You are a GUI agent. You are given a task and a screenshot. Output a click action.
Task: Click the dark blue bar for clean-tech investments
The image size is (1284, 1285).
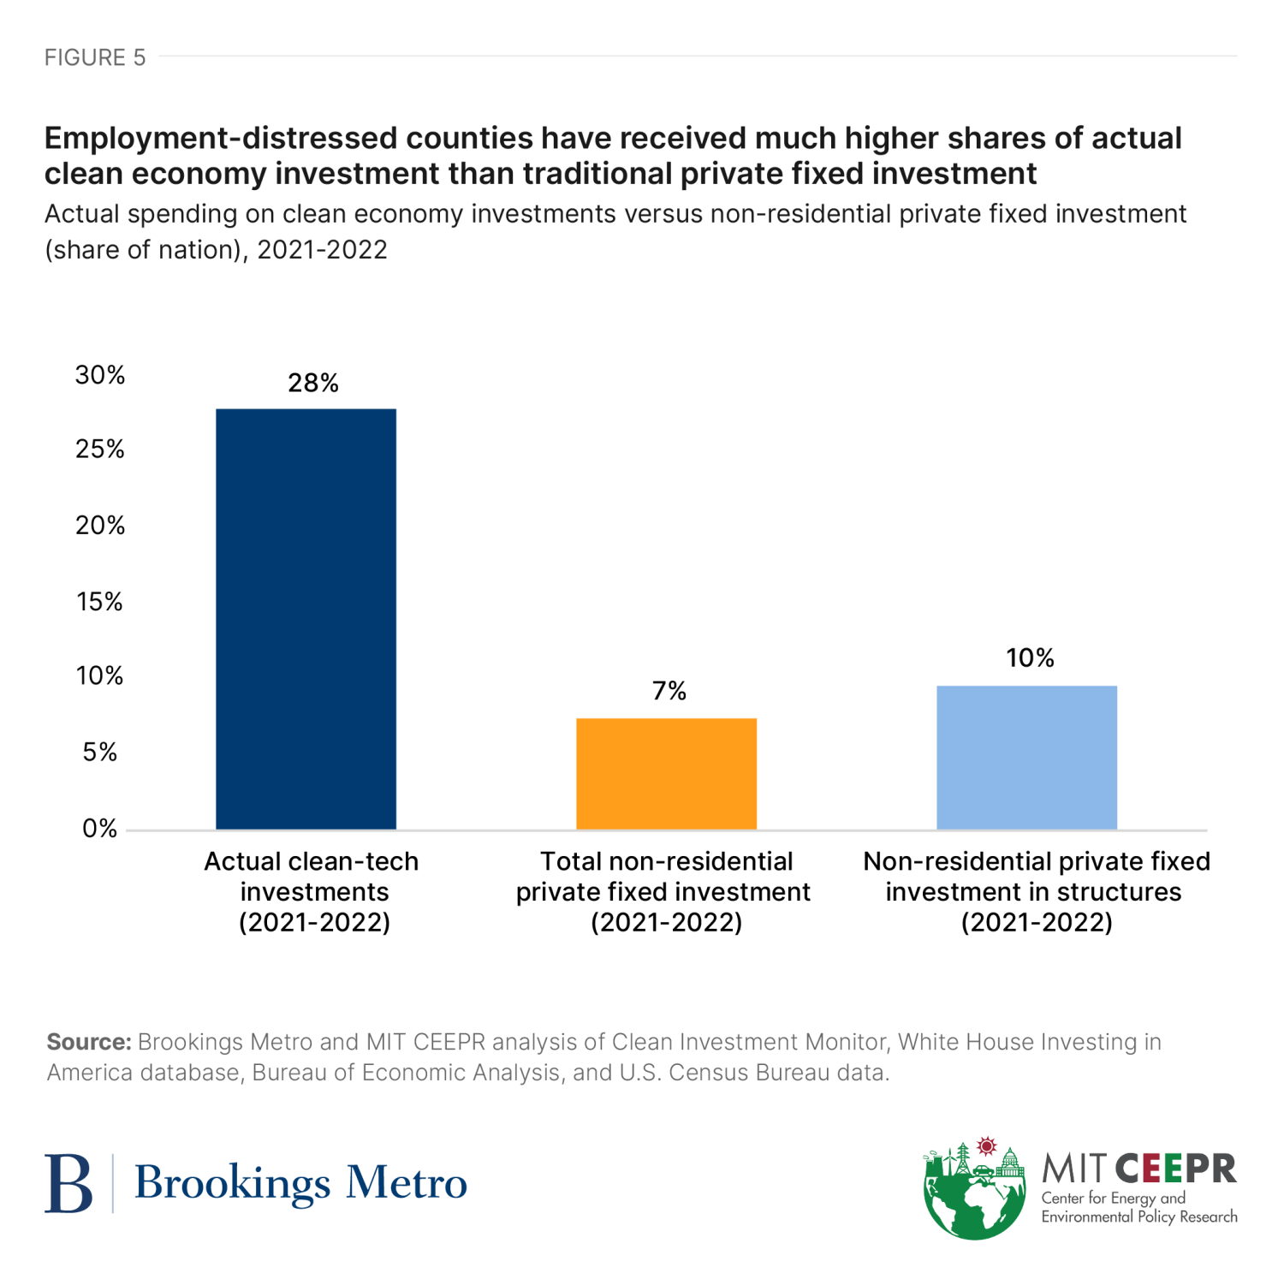coord(306,618)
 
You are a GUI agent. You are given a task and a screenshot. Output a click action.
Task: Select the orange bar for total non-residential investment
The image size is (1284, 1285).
coord(666,773)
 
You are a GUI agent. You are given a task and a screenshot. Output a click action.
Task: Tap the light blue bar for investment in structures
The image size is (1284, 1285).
coord(1026,757)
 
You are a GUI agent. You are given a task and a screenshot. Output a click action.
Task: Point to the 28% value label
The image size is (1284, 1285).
coord(313,383)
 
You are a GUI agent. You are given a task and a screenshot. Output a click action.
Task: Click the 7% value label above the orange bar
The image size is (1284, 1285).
coord(669,691)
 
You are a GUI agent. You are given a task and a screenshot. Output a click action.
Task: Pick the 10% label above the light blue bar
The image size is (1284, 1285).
coord(1030,657)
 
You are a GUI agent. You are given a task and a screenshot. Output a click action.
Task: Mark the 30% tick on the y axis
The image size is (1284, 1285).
coord(100,375)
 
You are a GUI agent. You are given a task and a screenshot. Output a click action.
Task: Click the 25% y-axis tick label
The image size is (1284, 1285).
coord(100,449)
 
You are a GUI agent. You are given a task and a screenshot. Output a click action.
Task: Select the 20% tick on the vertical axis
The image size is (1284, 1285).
coord(100,525)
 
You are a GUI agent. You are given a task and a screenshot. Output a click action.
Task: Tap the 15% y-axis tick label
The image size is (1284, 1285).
coord(100,602)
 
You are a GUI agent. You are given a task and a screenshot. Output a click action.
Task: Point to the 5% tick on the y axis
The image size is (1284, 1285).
coord(100,753)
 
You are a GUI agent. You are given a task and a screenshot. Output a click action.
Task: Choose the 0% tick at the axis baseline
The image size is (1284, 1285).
coord(100,829)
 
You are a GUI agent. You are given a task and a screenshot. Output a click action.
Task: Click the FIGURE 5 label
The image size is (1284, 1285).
coord(95,57)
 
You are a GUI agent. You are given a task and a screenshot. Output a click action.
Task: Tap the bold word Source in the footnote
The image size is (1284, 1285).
coord(88,1042)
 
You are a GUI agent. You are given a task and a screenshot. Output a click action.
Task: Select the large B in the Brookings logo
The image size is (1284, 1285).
coord(68,1183)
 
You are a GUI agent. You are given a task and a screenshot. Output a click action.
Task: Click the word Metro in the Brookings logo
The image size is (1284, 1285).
coord(407,1183)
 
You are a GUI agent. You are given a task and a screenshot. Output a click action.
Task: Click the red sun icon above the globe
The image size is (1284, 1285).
coord(988,1145)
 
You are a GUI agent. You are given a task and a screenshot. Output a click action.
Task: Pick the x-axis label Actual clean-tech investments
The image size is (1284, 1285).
coord(312,891)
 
